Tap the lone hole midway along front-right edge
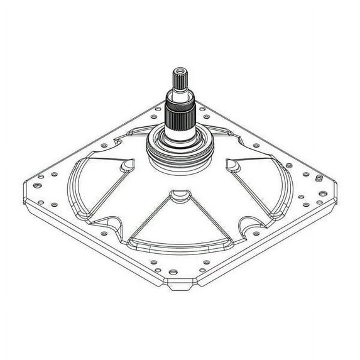[x=264, y=236]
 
